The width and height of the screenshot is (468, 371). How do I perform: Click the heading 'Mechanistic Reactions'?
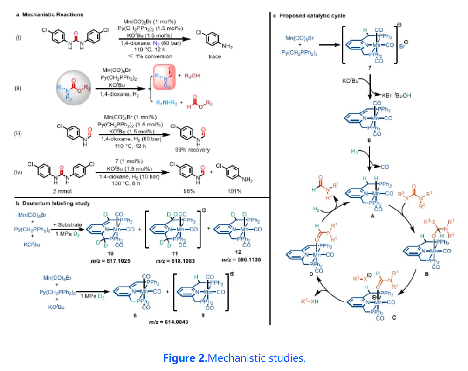pos(52,14)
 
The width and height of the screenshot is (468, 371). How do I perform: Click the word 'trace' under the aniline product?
pos(214,57)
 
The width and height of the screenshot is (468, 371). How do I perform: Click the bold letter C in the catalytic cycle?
pos(394,318)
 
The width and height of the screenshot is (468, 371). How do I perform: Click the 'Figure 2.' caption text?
pos(185,358)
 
